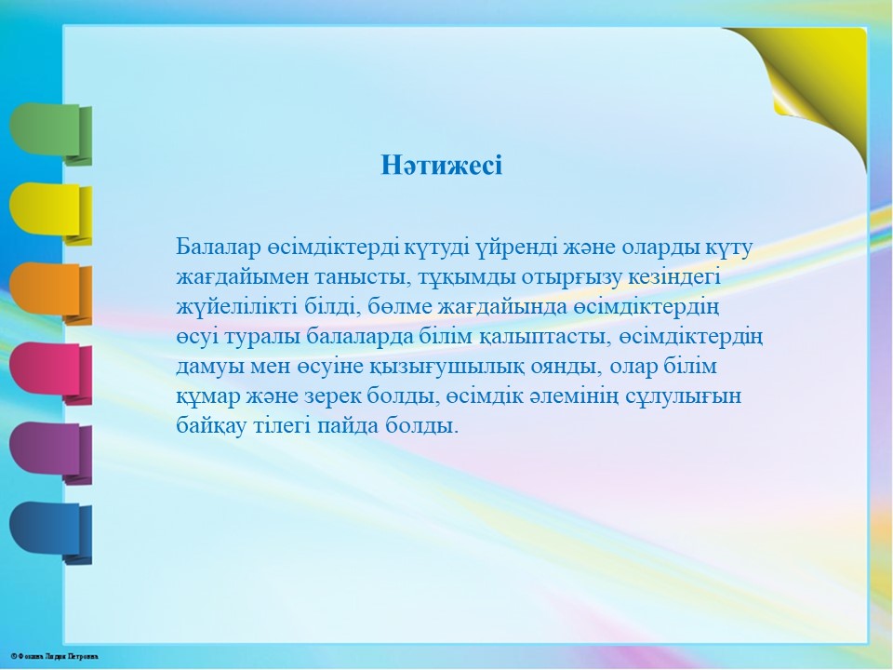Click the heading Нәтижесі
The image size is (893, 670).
coord(441,166)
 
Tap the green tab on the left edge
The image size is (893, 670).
coord(50,134)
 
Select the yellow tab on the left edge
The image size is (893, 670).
coord(50,214)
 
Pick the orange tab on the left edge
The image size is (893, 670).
coord(50,293)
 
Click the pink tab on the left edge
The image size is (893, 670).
coord(50,373)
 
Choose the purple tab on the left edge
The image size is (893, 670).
coord(50,453)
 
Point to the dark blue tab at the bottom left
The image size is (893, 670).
coord(50,532)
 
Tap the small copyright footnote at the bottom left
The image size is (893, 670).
coord(54,656)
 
